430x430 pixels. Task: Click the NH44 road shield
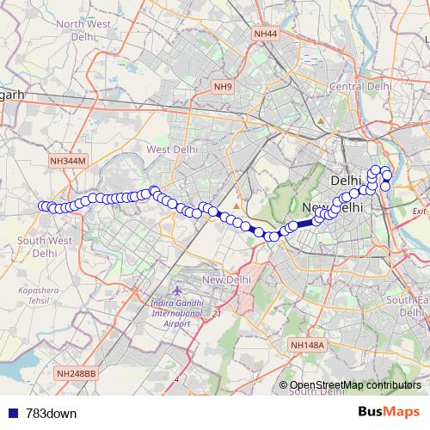[266, 34]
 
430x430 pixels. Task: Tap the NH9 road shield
[223, 87]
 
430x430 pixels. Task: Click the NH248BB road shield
[77, 373]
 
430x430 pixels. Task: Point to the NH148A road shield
[307, 345]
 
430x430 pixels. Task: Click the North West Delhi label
[86, 31]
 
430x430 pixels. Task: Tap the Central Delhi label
[361, 86]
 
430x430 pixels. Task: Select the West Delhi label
[172, 150]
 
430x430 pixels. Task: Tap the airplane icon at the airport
[176, 292]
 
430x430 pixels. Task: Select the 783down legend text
[52, 413]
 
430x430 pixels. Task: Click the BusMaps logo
[388, 413]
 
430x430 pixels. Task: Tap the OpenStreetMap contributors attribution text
[356, 385]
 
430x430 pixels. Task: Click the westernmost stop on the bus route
[43, 206]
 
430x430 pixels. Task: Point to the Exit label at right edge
[419, 212]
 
